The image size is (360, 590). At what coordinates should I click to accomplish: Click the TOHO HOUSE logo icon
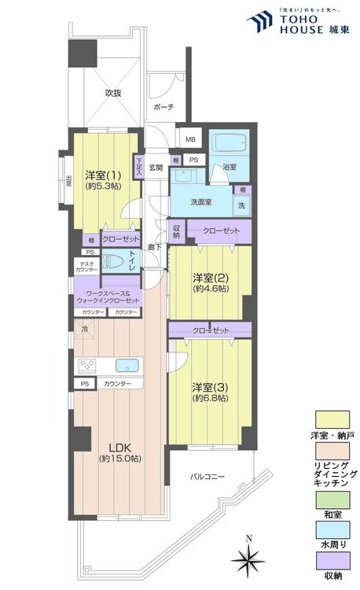(260, 22)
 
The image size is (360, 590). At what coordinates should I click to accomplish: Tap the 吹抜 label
(114, 93)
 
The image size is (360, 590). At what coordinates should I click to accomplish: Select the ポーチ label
(163, 106)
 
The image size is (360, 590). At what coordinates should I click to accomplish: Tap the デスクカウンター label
(86, 267)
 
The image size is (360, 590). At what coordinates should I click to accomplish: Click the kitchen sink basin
(127, 366)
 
